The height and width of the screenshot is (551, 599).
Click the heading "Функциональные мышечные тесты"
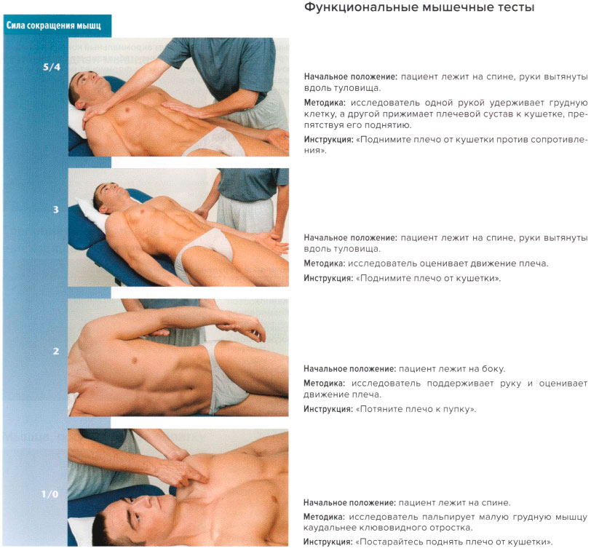point(419,9)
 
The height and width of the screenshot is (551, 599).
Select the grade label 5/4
point(51,67)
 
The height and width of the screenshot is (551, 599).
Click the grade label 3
point(55,210)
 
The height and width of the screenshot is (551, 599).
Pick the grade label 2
point(55,351)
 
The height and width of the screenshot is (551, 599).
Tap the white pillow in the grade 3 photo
point(90,211)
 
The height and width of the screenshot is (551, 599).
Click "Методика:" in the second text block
point(325,263)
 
